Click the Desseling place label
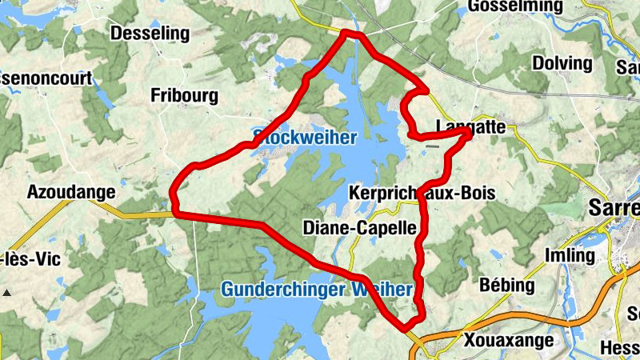150,34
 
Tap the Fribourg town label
184,96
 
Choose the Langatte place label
471,126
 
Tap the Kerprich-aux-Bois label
422,193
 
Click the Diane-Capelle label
360,228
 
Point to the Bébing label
506,285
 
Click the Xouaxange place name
508,341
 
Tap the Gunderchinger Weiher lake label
317,289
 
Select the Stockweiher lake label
304,137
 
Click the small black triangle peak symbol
7,294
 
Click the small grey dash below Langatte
432,146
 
